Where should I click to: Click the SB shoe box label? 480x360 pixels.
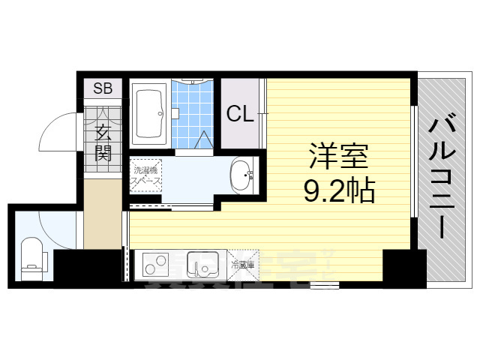[103, 88]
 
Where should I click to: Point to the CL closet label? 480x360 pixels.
[241, 114]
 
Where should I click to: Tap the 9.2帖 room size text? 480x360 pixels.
[338, 192]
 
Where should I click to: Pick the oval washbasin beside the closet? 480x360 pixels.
[241, 176]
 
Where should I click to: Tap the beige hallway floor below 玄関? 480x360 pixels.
[102, 214]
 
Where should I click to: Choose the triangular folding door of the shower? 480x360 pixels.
[205, 139]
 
